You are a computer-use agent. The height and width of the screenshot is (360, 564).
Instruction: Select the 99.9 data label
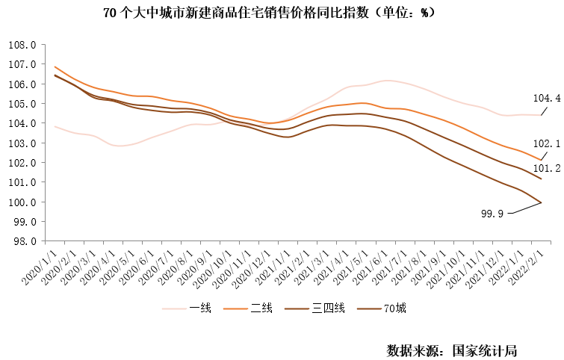(x=494, y=214)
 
